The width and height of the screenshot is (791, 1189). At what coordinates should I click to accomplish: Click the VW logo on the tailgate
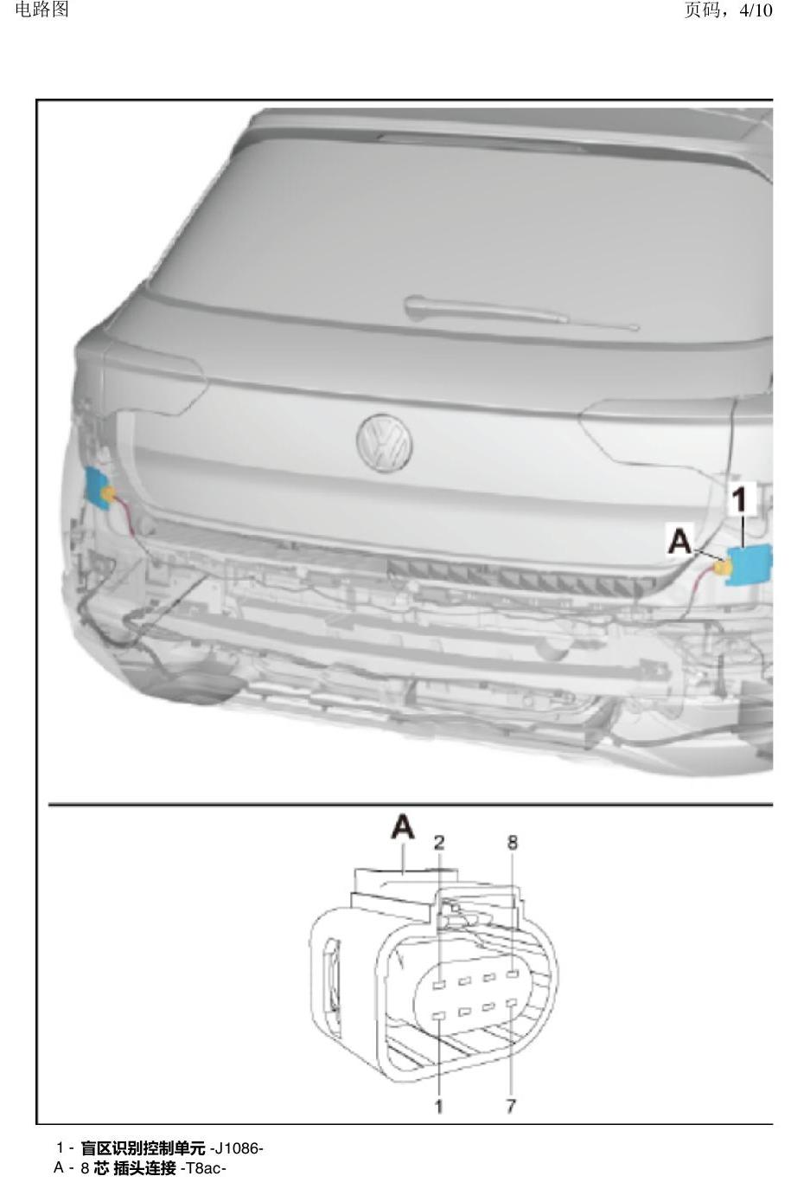[385, 443]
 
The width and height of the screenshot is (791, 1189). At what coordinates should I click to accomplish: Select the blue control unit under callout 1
[750, 566]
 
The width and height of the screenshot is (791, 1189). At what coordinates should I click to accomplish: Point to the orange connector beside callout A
[722, 568]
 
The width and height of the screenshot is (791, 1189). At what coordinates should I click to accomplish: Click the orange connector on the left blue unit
[109, 493]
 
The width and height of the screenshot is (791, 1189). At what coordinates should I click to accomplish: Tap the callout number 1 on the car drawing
[740, 499]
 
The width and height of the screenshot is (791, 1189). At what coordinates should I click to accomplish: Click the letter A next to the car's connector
[680, 541]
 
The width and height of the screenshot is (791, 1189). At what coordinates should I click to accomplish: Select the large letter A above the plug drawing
[402, 828]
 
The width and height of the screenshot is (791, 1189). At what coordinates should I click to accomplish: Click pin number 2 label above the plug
[439, 842]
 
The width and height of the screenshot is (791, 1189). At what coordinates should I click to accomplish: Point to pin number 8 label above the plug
[512, 842]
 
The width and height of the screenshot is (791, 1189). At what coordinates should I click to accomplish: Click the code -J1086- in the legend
[237, 1148]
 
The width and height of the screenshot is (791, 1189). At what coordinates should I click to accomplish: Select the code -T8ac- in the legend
[203, 1168]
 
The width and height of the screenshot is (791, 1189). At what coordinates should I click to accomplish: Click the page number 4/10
[756, 10]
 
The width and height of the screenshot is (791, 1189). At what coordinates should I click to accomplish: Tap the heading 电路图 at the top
[42, 9]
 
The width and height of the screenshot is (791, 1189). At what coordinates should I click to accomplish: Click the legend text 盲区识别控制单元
[144, 1148]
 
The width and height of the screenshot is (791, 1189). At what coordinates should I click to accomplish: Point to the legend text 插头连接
[144, 1168]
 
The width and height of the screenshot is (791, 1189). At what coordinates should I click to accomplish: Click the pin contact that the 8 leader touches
[512, 973]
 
